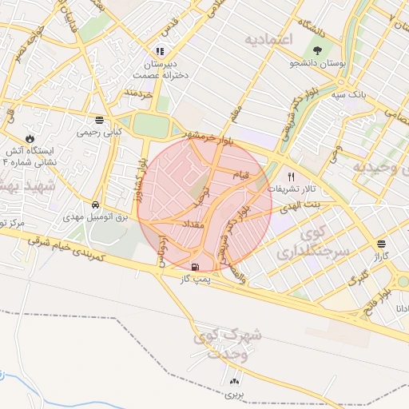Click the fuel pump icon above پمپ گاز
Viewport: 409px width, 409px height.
pos(196,266)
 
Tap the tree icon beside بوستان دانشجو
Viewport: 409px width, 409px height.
pos(320,50)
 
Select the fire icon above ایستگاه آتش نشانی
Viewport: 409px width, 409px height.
pos(31,137)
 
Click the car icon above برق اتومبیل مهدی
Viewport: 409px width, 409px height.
pos(96,205)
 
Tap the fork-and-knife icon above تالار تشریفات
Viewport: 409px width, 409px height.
pos(291,177)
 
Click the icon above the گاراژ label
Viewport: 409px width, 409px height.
pos(381,244)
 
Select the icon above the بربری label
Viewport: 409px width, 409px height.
pos(234,381)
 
